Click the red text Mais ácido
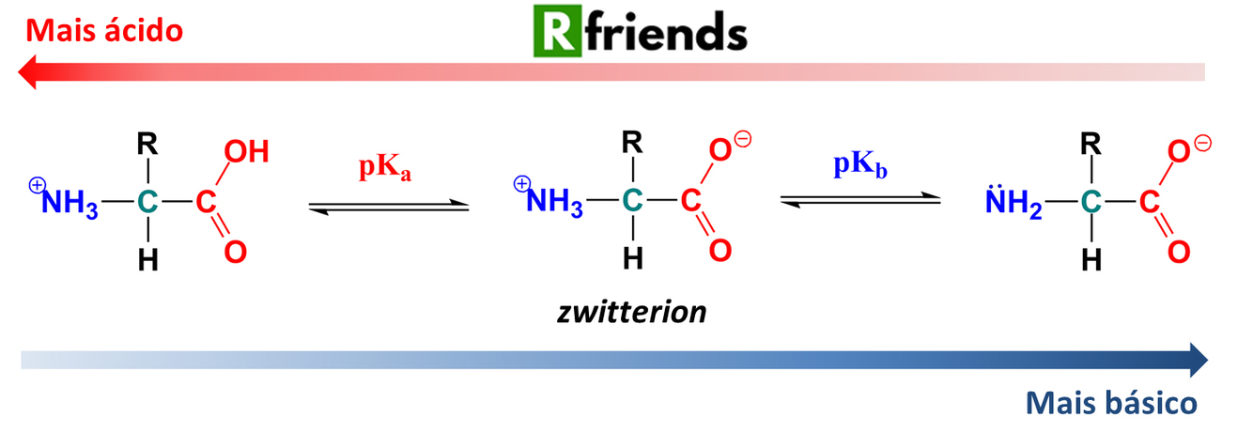tap(103, 31)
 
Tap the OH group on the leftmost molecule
tap(247, 152)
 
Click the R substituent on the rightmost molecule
tap(1090, 145)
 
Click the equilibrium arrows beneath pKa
tap(388, 207)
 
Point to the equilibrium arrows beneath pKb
tap(859, 198)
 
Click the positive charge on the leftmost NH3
tap(37, 186)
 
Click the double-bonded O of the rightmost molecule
tap(1178, 251)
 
